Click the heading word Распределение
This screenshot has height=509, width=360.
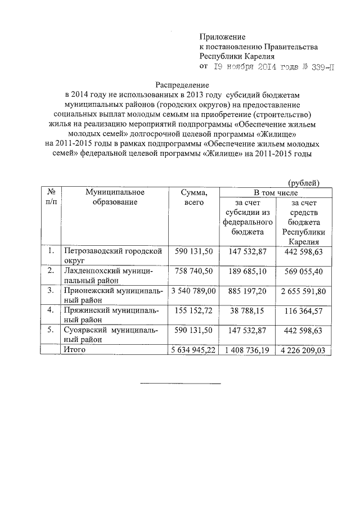181,84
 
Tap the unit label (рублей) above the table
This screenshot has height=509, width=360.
303,182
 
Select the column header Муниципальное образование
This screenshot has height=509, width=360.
115,197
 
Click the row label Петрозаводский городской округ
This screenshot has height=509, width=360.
115,256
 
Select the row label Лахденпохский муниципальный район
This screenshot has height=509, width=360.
115,276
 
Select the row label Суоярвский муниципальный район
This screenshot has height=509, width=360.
115,335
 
